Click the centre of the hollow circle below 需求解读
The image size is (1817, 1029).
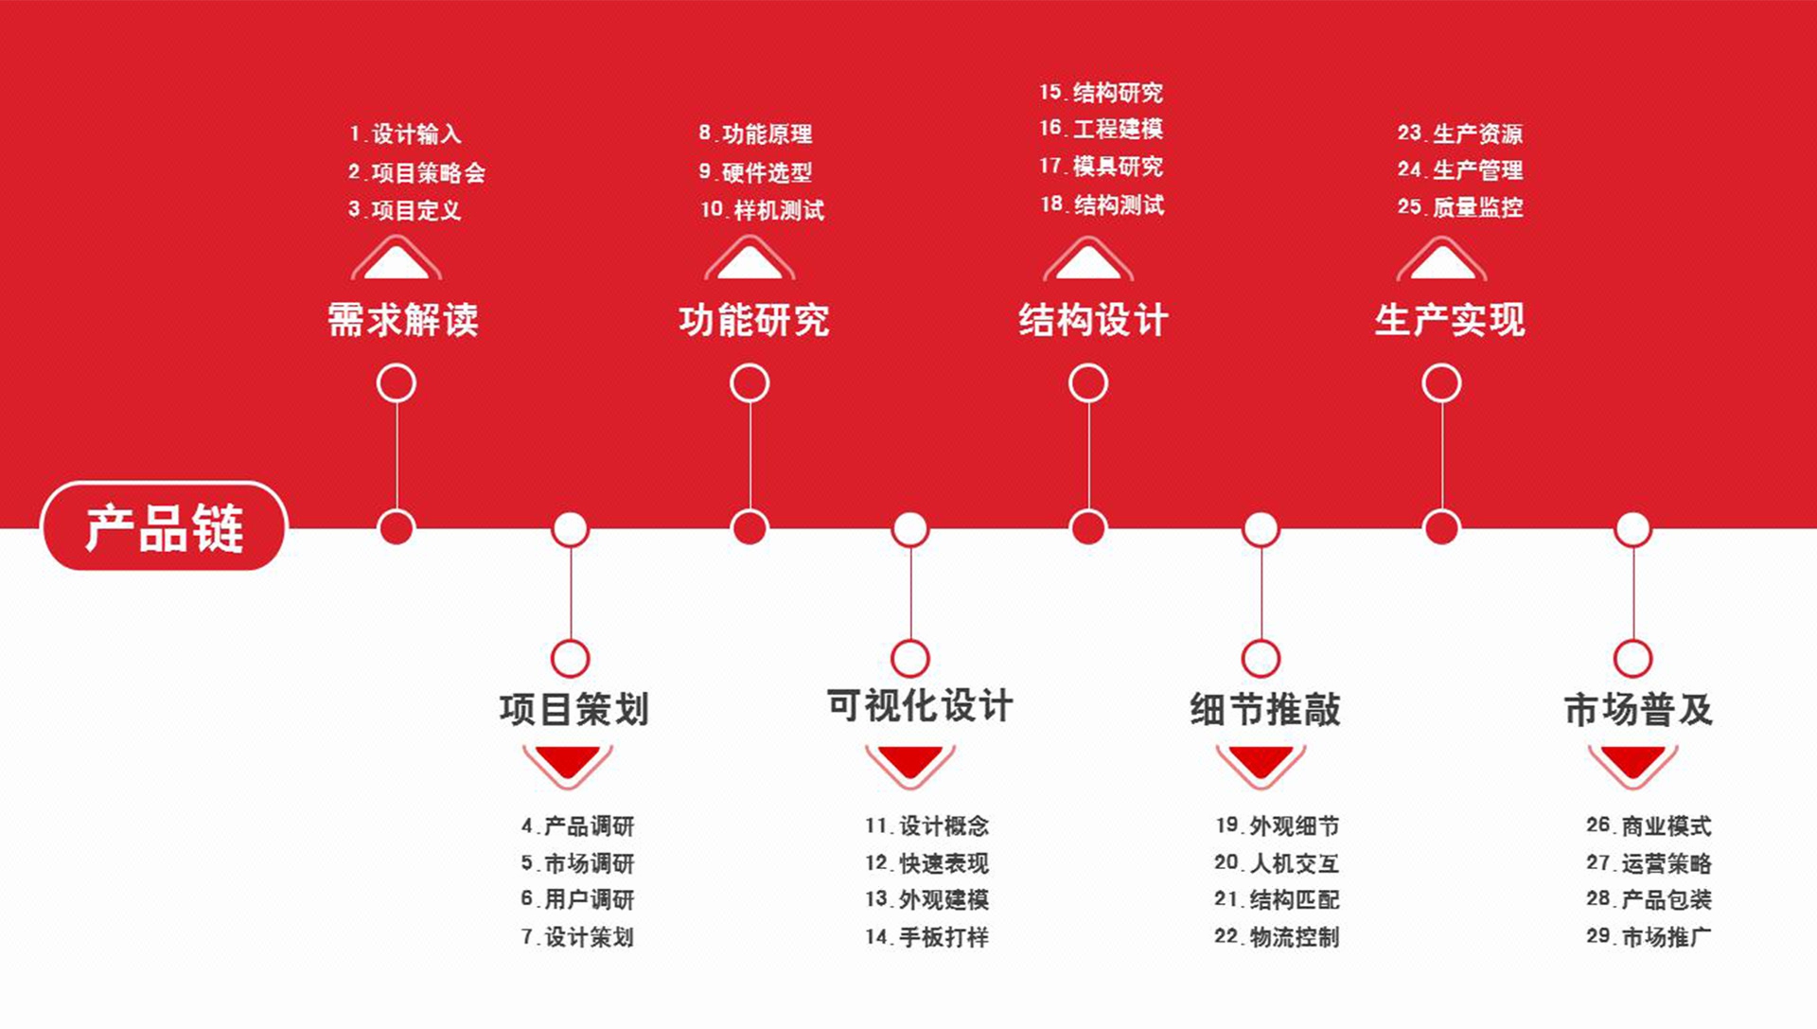[397, 383]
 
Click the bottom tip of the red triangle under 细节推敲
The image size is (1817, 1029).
[1261, 778]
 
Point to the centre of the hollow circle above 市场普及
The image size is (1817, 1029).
[1632, 659]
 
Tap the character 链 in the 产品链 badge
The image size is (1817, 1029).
[218, 527]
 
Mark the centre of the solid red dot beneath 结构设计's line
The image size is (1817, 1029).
[1088, 527]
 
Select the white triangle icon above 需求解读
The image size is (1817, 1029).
[397, 257]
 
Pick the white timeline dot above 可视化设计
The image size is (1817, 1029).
[910, 529]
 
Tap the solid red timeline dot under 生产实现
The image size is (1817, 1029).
[1441, 527]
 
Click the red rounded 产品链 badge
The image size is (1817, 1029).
[164, 526]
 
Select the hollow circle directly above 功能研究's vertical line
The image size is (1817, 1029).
[750, 383]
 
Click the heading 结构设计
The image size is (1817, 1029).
[1093, 320]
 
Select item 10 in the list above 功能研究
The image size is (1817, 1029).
[762, 209]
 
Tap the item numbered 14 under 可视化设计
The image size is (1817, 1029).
[926, 936]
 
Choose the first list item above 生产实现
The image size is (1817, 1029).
[1460, 133]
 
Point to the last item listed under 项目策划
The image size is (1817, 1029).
[577, 936]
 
